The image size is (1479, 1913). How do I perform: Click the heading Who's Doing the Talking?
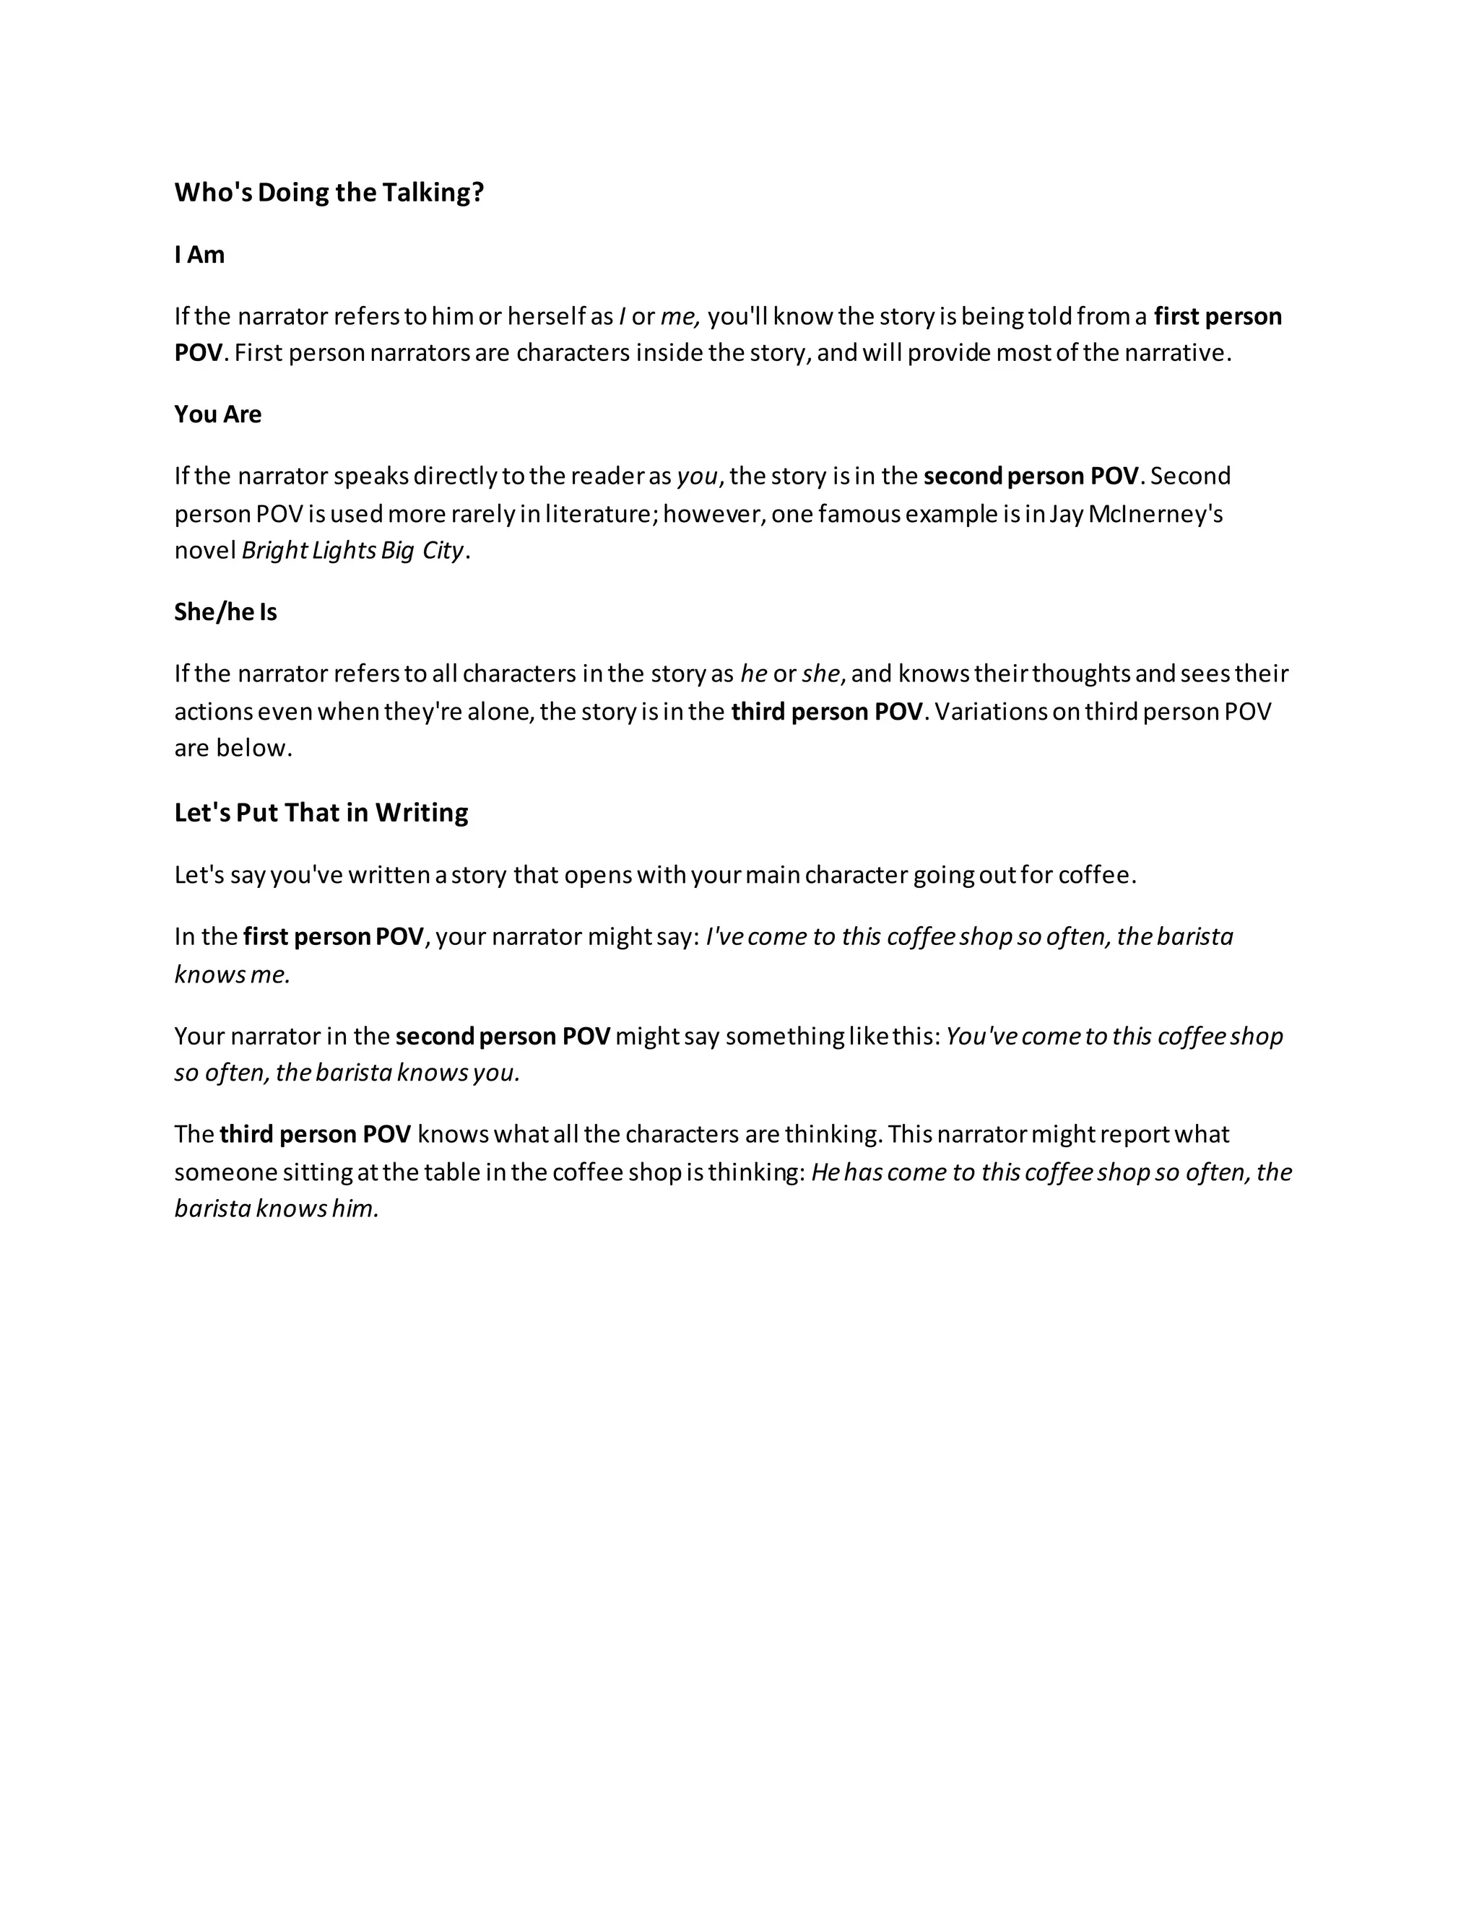click(x=329, y=193)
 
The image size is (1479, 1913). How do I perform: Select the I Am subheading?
click(x=200, y=255)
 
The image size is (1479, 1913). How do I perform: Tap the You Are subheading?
click(x=217, y=414)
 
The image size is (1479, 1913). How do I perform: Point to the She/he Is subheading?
click(x=225, y=612)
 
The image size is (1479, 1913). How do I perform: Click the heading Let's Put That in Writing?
click(x=321, y=813)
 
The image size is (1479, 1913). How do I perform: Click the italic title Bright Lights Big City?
click(x=352, y=551)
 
